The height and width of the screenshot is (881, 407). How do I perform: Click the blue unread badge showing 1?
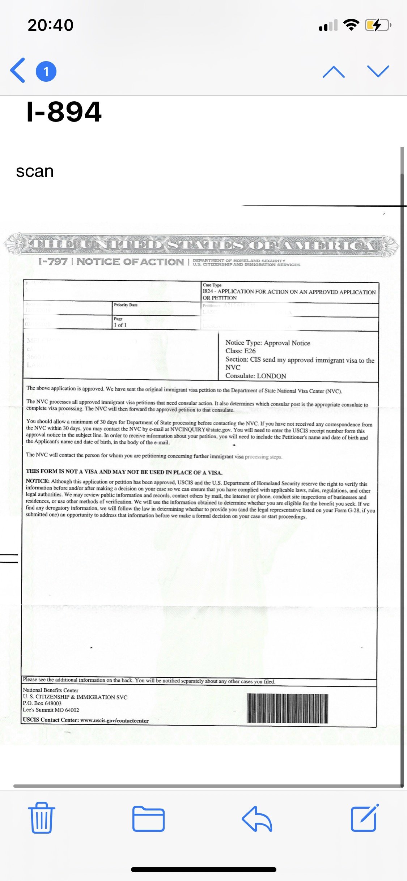coord(46,71)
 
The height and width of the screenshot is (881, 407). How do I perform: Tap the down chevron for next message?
coord(378,71)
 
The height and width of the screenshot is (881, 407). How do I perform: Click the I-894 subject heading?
coord(64,112)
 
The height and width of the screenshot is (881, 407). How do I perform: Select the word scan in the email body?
coord(35,171)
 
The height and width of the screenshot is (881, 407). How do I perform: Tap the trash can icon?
coord(42,818)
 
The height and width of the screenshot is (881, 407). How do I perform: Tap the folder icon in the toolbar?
coord(148,818)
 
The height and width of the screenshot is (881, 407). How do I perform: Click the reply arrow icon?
coord(257,818)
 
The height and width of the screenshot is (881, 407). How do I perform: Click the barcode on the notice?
coord(287,708)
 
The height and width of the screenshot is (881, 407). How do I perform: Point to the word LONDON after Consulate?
coord(271,376)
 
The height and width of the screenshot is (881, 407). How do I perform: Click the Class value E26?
coord(250,351)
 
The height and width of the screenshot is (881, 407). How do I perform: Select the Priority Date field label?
coord(126,305)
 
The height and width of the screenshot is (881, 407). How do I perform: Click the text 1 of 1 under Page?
coord(120,325)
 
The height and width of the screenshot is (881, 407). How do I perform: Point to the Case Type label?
coord(212,285)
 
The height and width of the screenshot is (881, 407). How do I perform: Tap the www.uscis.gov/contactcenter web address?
coord(114,720)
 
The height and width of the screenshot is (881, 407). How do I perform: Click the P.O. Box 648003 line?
coord(42,703)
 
